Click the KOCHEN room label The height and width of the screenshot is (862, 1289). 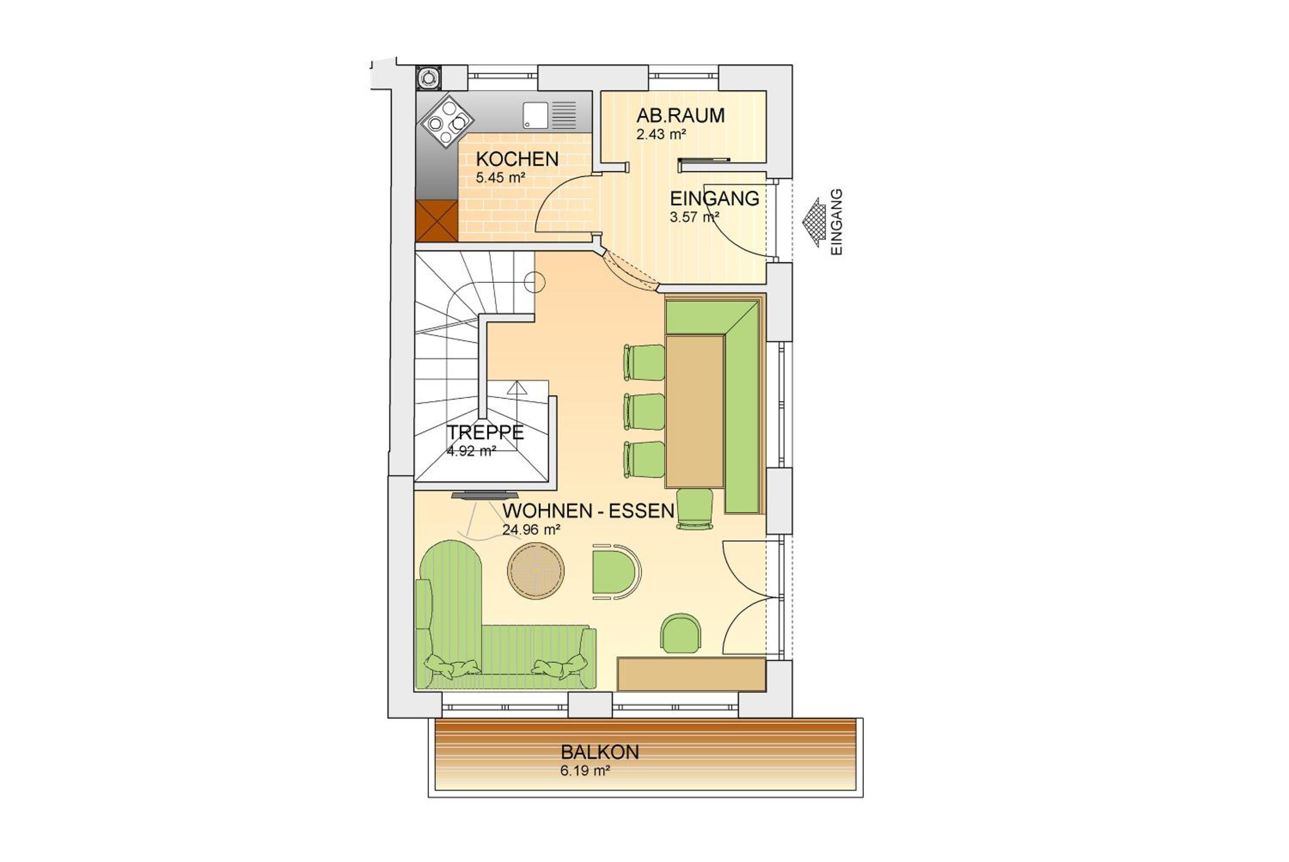[517, 159]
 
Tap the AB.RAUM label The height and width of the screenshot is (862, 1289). [681, 116]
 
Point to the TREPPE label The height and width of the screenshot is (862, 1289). [485, 433]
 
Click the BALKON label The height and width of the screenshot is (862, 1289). [600, 752]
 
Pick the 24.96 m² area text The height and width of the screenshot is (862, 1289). [531, 530]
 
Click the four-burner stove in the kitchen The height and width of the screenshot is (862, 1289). [447, 122]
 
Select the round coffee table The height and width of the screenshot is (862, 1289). [535, 571]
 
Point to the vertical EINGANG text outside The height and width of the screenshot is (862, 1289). [836, 222]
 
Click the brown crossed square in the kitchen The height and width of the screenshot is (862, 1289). [437, 221]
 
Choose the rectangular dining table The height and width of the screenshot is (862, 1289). [694, 411]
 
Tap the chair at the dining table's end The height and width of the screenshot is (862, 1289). [695, 508]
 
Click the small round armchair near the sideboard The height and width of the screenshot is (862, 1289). [681, 633]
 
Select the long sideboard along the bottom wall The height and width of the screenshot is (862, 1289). [691, 674]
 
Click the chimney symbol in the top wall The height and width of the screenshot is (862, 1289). [428, 77]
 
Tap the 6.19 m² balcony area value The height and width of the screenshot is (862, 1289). [585, 771]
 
